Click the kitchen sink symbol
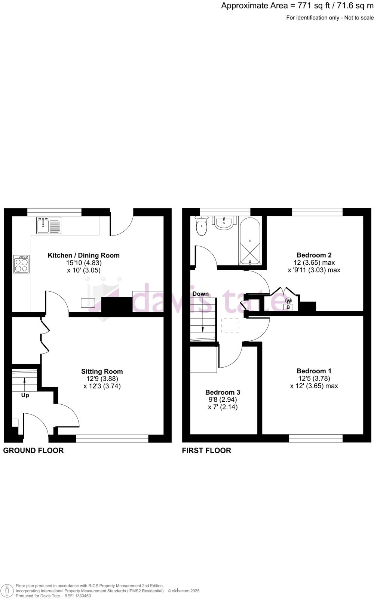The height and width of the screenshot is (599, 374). coord(49,225)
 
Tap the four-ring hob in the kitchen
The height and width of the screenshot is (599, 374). coord(21,264)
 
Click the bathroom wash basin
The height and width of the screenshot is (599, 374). coord(224,222)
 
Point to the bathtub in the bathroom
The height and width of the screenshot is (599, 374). coord(249,241)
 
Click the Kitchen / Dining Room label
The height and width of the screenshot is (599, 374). coord(84,255)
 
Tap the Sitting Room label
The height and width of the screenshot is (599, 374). coord(102,371)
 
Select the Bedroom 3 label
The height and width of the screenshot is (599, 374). coord(223,392)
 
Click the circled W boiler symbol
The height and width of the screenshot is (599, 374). coord(288,301)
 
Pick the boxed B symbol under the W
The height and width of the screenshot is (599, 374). coord(288,307)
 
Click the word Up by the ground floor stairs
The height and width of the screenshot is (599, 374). coord(25,395)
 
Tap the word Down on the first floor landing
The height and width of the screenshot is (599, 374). coord(200,294)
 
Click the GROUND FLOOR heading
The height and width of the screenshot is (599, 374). coord(33,450)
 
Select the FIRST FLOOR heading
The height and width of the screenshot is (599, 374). coord(206,450)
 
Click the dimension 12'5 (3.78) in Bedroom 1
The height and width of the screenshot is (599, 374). coord(314,378)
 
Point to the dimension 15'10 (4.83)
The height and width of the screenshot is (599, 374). coord(84,263)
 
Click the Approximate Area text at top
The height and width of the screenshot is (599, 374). coord(297,6)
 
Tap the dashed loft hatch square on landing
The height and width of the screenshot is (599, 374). coord(230,325)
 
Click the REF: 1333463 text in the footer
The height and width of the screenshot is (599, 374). coord(77,596)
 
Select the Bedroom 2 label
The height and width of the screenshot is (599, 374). coord(314,255)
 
